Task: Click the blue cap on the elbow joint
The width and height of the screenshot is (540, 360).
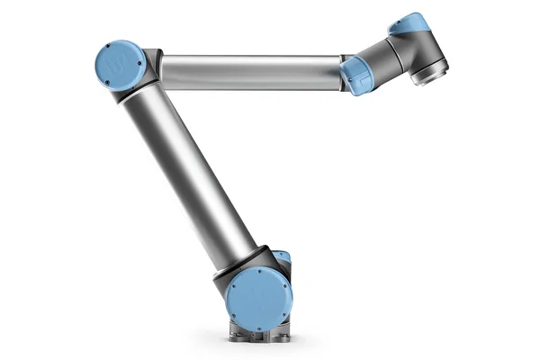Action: click(x=121, y=65)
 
